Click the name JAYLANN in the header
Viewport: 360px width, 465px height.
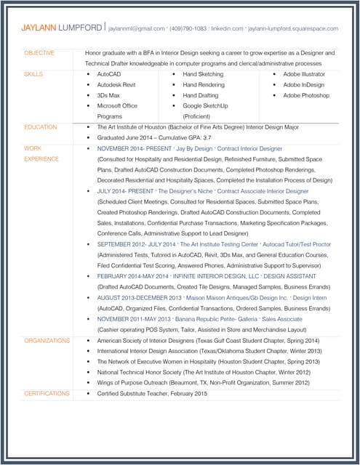[38, 28]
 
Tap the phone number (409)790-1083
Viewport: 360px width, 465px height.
[188, 28]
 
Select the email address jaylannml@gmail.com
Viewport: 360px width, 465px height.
[137, 28]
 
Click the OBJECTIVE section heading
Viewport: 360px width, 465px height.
[39, 53]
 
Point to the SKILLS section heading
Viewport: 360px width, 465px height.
[33, 74]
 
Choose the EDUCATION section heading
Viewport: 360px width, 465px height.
[41, 127]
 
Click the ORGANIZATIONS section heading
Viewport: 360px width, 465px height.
[47, 340]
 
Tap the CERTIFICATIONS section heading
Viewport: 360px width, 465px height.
[47, 393]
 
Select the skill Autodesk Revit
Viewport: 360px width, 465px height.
[119, 85]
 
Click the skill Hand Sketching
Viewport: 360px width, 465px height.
[203, 74]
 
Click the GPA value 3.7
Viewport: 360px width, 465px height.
[207, 138]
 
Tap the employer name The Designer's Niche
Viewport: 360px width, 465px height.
[185, 191]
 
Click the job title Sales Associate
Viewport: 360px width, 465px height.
[281, 318]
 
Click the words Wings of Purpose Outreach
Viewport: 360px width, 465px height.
[132, 382]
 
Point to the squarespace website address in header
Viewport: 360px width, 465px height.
[293, 28]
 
